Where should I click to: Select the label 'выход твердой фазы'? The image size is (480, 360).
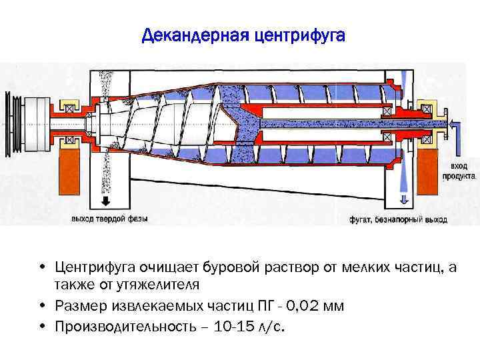coord(109,218)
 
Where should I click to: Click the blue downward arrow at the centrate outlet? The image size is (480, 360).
coord(403,198)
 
